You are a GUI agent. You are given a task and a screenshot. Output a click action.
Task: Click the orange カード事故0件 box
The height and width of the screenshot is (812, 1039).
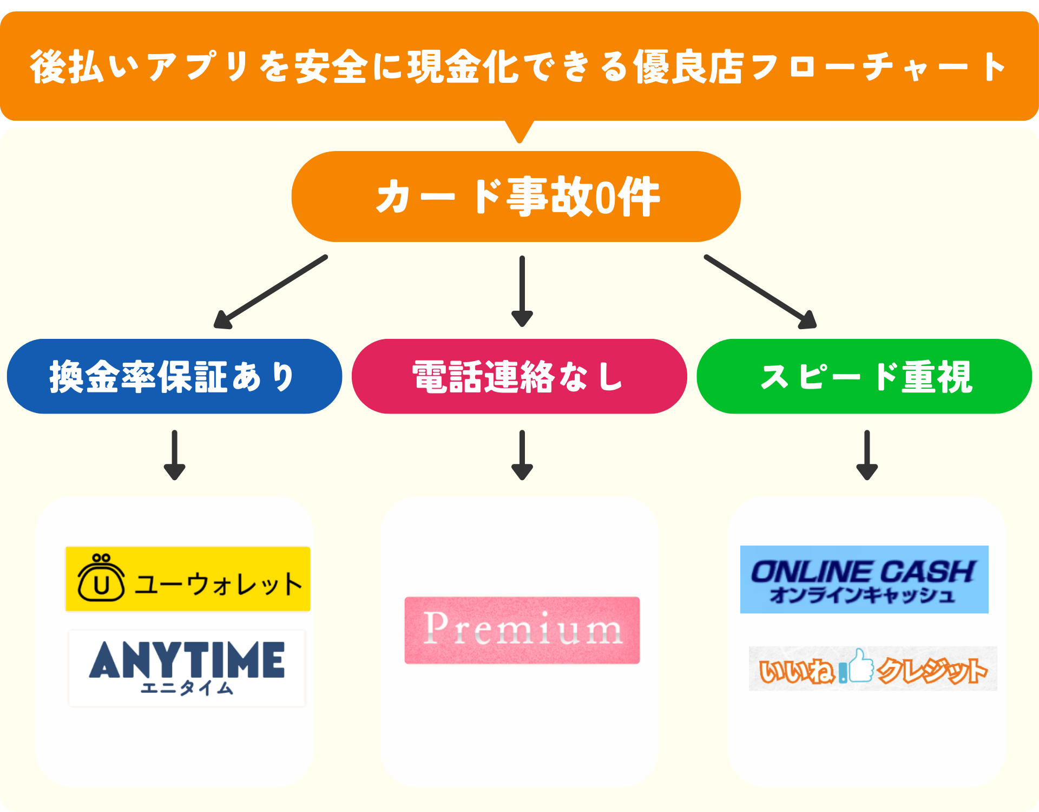pos(516,197)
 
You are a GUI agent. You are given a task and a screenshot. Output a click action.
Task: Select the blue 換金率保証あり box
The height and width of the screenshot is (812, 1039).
pos(174,377)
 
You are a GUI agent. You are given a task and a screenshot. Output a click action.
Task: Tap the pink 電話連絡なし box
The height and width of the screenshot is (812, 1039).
pos(519,377)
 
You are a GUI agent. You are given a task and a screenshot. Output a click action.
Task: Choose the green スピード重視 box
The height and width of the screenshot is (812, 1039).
pos(864,377)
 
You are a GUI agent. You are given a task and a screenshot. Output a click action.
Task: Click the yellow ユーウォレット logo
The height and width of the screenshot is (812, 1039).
pos(188,579)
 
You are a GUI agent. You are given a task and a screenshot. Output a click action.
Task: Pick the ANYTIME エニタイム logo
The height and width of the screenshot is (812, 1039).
pos(187,668)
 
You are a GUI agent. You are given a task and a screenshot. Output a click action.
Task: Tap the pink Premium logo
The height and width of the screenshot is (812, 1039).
pos(522,630)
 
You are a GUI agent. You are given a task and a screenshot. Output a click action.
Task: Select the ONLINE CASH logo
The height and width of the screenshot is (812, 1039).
pos(864,579)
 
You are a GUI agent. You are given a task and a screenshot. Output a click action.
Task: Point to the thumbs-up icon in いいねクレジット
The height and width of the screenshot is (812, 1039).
pos(860,666)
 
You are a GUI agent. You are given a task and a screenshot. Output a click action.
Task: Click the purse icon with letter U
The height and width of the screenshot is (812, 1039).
pos(101,579)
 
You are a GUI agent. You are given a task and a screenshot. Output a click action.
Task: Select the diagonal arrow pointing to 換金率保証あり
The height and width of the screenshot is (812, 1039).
pos(271,292)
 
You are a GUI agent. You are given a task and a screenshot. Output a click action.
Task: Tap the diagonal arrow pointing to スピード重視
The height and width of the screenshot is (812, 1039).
pos(760,292)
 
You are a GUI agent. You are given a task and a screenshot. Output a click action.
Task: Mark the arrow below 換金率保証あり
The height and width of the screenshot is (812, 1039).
pos(174,455)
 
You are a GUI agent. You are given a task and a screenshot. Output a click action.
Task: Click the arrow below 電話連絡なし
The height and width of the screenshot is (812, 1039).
pos(522,455)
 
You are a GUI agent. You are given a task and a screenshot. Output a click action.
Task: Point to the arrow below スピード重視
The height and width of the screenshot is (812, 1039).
pos(866,455)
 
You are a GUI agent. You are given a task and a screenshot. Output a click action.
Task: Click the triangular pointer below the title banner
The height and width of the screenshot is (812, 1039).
pos(519,131)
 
